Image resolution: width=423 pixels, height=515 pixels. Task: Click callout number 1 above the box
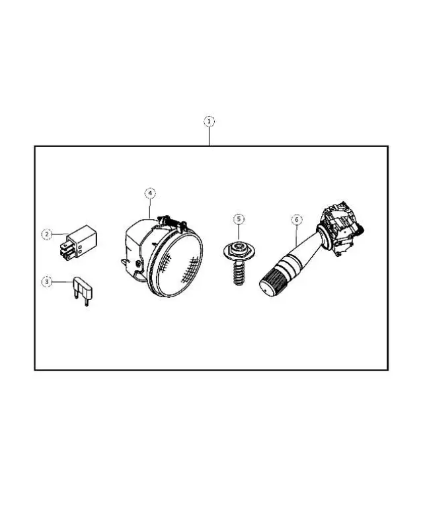209,122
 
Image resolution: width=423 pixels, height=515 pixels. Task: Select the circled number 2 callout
46,234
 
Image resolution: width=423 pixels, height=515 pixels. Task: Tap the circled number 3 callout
46,282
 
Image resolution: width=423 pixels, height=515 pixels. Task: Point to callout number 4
151,193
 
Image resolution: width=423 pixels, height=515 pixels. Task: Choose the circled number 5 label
239,219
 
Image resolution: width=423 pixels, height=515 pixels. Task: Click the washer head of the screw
239,251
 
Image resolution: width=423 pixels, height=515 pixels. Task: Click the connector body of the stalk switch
342,225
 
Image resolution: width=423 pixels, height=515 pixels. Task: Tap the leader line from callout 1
209,136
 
